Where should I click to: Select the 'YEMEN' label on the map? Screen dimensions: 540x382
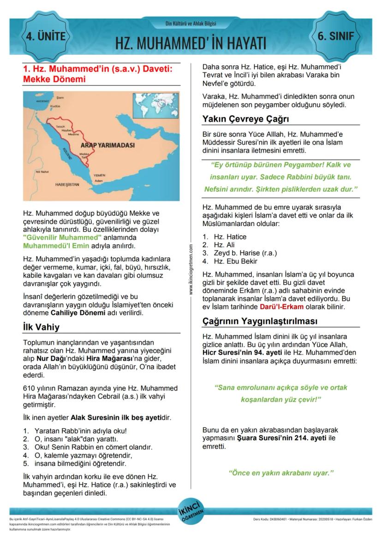coord(99,176)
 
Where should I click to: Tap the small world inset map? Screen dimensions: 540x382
coord(155,106)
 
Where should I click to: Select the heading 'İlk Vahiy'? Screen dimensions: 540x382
coord(41,327)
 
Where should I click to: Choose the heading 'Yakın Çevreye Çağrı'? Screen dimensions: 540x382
coord(245,119)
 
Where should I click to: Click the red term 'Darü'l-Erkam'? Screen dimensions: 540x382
coord(280,307)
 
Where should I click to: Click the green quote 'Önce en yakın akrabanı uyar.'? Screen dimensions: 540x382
coord(281,473)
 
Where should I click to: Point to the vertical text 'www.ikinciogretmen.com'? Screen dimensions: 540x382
coord(191,270)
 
